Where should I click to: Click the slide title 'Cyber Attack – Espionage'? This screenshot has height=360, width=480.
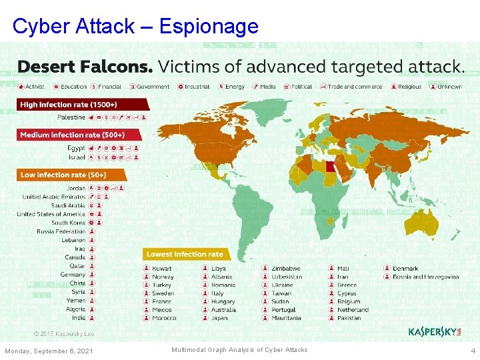point(135,26)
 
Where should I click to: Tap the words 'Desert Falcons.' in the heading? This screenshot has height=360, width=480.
point(85,67)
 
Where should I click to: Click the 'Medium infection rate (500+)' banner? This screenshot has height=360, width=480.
point(72,135)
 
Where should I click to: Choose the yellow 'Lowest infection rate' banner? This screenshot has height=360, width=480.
point(185,254)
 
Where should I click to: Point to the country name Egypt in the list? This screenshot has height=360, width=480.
point(77,148)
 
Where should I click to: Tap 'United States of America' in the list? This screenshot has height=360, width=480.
point(51,214)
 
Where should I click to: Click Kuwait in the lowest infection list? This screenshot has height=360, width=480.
point(162,269)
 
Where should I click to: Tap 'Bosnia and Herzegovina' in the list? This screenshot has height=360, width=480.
point(425,277)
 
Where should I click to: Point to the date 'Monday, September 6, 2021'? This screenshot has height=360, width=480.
point(49,351)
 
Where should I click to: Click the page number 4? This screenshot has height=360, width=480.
point(473,351)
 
